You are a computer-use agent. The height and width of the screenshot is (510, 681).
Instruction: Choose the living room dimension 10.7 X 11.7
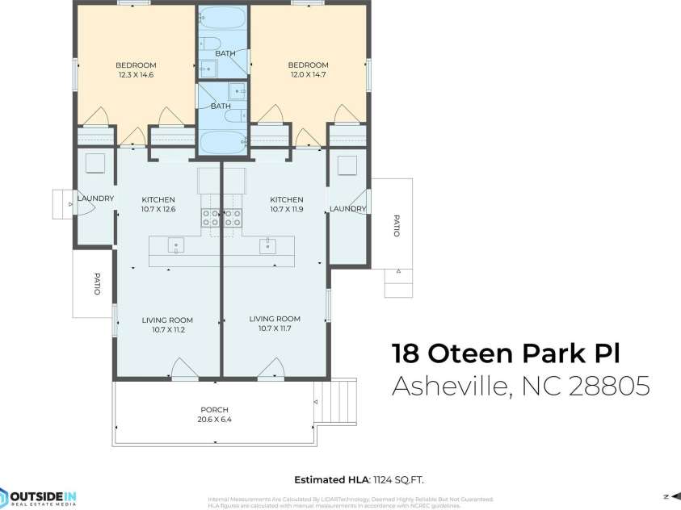(x=275, y=328)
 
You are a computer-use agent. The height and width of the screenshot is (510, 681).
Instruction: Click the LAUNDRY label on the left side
(x=95, y=199)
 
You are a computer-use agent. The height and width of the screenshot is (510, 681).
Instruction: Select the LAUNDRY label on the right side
(x=348, y=209)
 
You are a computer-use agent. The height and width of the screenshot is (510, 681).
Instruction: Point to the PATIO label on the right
(x=396, y=225)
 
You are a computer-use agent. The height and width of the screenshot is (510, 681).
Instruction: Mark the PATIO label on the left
(x=96, y=285)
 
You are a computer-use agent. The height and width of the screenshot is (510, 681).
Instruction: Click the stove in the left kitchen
(x=210, y=216)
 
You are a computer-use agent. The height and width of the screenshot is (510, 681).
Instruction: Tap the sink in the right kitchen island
(x=267, y=246)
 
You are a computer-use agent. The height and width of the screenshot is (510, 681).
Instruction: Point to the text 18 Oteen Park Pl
(x=509, y=353)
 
